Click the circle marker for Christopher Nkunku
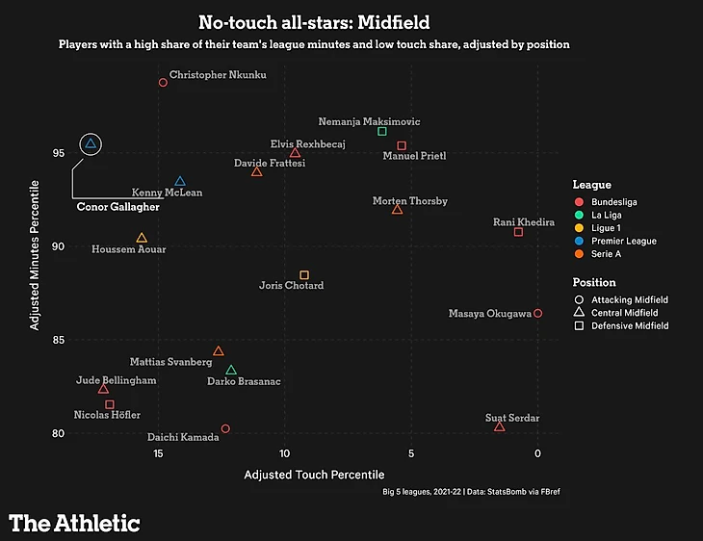(163, 83)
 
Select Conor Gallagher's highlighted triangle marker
(91, 144)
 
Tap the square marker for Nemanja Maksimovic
(382, 131)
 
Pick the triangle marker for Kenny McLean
(180, 181)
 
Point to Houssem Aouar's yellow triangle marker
(142, 238)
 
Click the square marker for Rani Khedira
(518, 232)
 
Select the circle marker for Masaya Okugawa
(537, 313)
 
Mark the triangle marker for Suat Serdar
(499, 426)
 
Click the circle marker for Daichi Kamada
(225, 428)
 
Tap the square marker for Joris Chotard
(304, 275)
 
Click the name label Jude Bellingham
(116, 381)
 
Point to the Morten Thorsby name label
(409, 201)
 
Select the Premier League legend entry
(623, 241)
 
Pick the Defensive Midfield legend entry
(629, 326)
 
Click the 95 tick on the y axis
(58, 153)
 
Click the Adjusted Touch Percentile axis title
(314, 475)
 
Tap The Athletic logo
(75, 523)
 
